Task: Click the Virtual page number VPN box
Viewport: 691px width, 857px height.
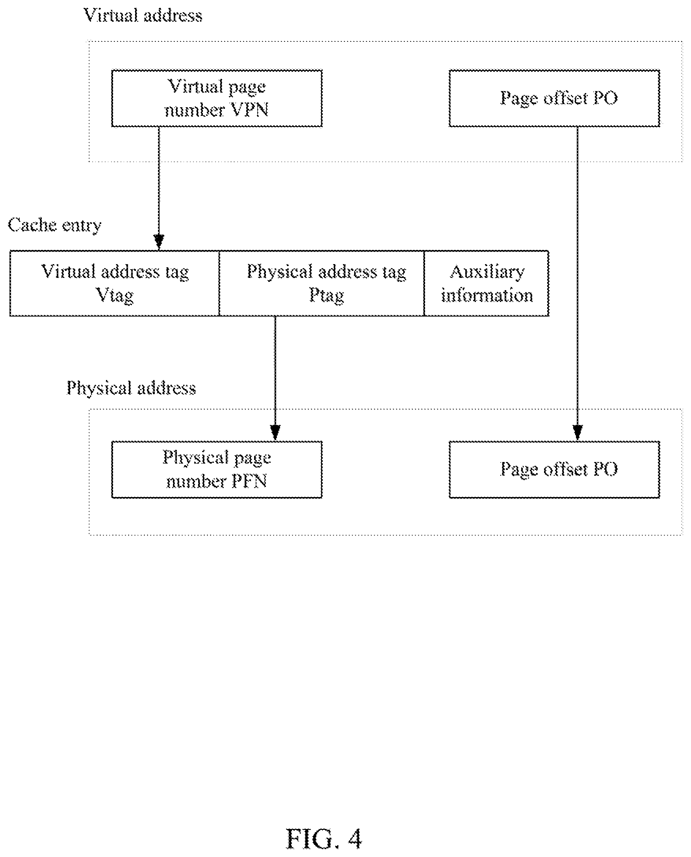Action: tap(217, 99)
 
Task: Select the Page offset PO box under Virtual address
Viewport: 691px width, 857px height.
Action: tap(554, 99)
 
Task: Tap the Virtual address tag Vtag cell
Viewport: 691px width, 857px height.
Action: tap(115, 283)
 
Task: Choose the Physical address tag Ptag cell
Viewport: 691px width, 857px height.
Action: tap(321, 283)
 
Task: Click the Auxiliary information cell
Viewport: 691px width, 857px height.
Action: tap(487, 283)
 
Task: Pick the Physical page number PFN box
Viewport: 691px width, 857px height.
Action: tap(217, 469)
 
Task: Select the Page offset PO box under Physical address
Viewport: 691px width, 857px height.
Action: tap(554, 469)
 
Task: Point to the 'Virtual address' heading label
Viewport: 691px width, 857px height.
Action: tap(143, 15)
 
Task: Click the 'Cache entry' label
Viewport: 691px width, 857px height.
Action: tap(54, 225)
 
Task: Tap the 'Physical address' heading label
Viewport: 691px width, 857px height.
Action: tap(131, 388)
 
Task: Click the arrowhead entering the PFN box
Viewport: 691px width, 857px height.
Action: tap(275, 432)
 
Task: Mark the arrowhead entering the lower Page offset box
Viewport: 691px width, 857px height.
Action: tap(578, 432)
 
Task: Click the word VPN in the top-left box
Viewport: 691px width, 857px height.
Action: tap(250, 110)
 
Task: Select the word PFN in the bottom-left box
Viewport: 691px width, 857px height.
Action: tap(249, 481)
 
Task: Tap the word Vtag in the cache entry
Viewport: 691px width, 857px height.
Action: tap(115, 296)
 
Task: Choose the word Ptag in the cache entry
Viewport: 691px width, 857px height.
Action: tap(327, 296)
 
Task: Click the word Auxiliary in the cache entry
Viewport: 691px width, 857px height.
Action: tap(487, 272)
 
